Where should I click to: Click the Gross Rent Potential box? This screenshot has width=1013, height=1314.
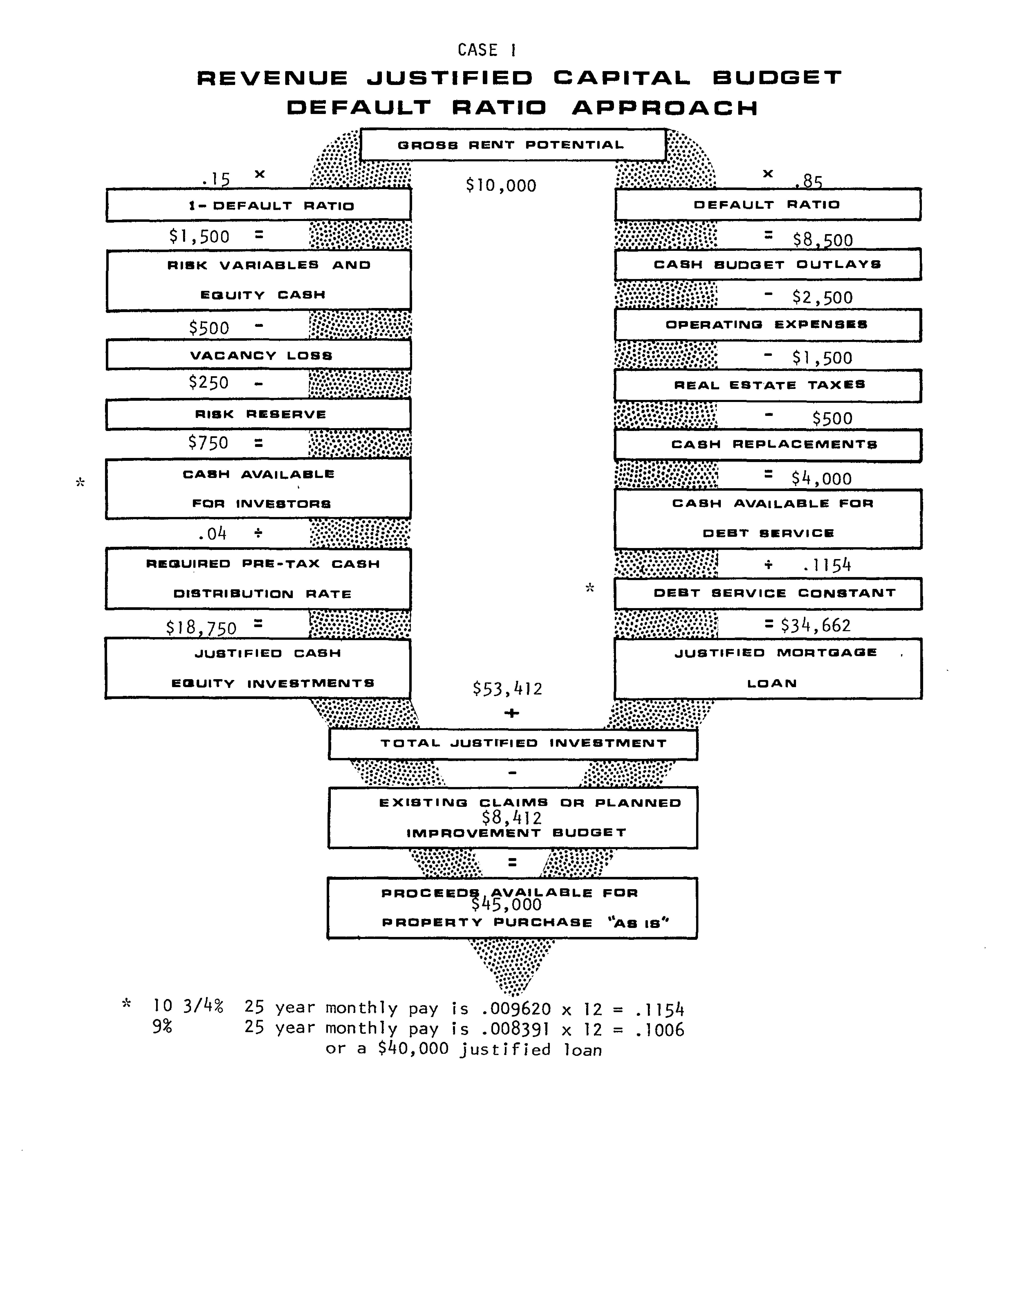tap(512, 145)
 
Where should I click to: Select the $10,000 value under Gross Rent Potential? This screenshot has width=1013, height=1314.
tap(501, 185)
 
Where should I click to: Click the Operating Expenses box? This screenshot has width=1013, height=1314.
tap(767, 325)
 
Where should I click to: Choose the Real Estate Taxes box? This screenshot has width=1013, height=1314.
tap(767, 385)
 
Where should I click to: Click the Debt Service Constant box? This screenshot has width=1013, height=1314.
tap(767, 593)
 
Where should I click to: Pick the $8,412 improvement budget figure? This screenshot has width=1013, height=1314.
tap(512, 818)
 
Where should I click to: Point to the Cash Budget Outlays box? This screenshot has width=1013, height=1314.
tap(767, 265)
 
